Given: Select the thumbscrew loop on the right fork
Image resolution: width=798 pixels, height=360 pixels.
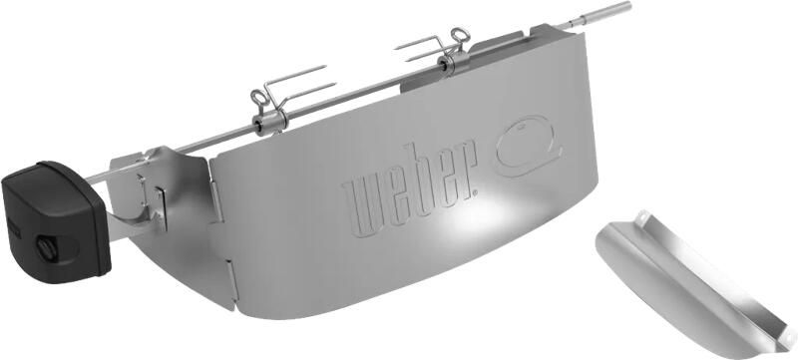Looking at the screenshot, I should click(x=455, y=39).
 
